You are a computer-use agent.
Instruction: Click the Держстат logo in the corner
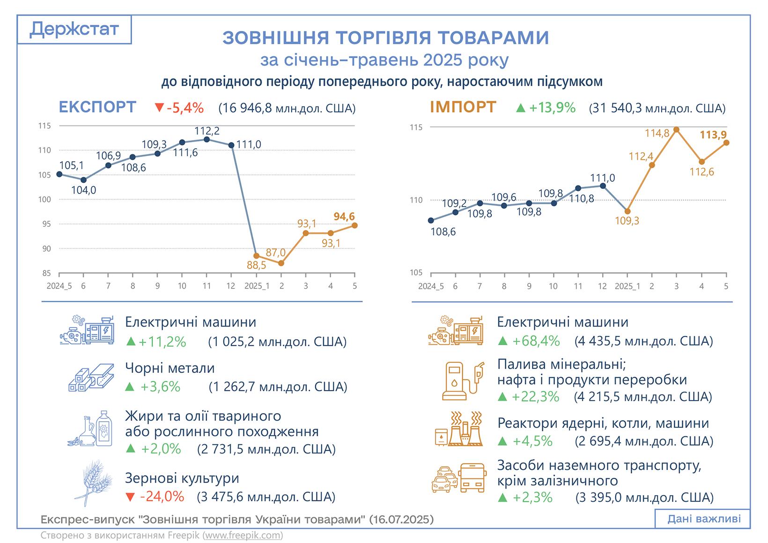74,30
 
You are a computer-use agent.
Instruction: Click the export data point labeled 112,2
207,139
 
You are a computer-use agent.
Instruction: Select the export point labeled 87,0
281,263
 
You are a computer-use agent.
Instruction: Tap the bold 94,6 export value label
344,216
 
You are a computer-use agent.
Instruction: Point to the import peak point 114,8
676,129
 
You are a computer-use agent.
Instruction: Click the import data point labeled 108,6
431,220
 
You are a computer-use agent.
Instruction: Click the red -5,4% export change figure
179,108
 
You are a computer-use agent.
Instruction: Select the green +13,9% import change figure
546,108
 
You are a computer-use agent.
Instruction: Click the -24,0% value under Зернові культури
155,497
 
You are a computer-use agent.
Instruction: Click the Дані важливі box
704,519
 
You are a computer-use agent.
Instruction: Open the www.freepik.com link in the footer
243,535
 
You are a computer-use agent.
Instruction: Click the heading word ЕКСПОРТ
97,107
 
